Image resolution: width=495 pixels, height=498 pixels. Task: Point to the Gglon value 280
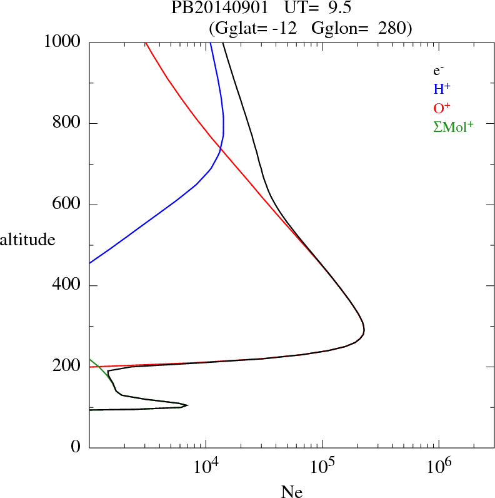(x=391, y=28)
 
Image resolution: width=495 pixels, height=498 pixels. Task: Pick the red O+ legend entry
(x=442, y=108)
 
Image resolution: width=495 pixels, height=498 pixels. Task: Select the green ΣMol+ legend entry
(x=453, y=126)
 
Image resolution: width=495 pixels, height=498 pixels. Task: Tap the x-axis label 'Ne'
(x=292, y=492)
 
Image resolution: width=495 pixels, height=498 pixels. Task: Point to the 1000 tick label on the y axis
(x=62, y=42)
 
